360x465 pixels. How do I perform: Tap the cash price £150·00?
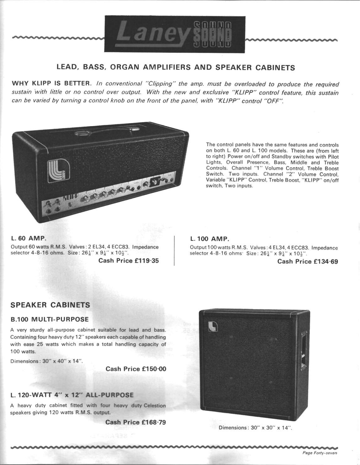(x=154, y=369)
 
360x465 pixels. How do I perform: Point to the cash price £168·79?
(x=154, y=422)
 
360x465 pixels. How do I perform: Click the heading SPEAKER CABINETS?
(x=50, y=305)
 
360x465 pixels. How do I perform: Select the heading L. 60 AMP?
(x=29, y=238)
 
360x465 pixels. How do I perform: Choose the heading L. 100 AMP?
(x=209, y=239)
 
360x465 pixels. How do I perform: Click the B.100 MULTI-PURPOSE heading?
(x=50, y=319)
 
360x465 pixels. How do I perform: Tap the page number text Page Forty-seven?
(x=320, y=453)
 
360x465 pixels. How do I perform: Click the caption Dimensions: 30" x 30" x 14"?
(x=255, y=428)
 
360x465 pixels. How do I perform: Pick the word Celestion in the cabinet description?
(x=155, y=405)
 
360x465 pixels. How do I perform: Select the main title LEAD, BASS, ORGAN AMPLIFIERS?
(x=176, y=67)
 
